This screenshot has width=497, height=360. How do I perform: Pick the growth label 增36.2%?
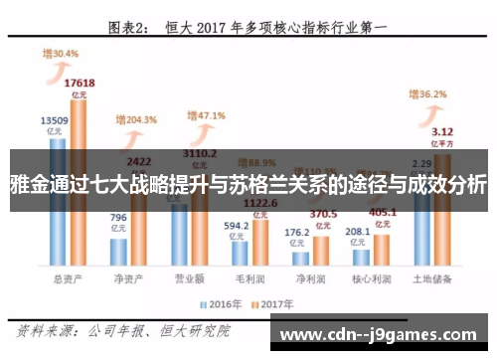[x=429, y=94]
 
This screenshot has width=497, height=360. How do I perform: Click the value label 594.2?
[x=236, y=225]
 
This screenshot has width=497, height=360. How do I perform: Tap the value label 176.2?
[x=296, y=234]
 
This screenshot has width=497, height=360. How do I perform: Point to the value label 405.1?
[x=382, y=211]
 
